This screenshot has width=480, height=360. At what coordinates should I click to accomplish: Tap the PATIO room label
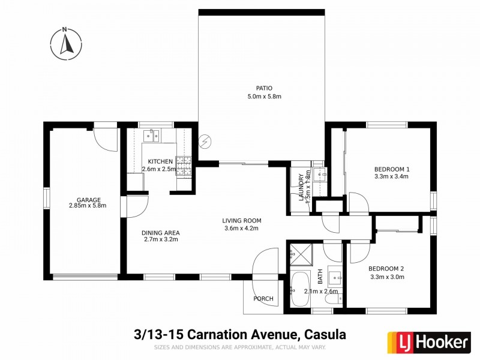[x=264, y=88]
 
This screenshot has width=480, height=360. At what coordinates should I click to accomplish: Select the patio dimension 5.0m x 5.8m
[x=264, y=97]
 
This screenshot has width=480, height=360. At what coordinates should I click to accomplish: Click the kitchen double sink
[x=152, y=136]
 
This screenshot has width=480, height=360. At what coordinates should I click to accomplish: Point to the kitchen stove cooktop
[x=184, y=165]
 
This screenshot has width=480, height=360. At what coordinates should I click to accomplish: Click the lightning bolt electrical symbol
[x=206, y=141]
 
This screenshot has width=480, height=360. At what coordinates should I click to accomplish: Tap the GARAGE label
[x=88, y=200]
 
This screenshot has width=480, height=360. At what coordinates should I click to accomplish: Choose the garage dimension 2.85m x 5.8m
[x=88, y=206]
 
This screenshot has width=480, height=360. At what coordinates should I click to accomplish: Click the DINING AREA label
[x=160, y=233]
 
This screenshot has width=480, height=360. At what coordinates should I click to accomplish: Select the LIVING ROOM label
[x=242, y=220]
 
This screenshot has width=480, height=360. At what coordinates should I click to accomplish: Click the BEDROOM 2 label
[x=386, y=268]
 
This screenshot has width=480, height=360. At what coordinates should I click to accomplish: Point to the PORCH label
[x=263, y=299]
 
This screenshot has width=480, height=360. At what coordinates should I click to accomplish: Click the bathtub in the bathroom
[x=299, y=290]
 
